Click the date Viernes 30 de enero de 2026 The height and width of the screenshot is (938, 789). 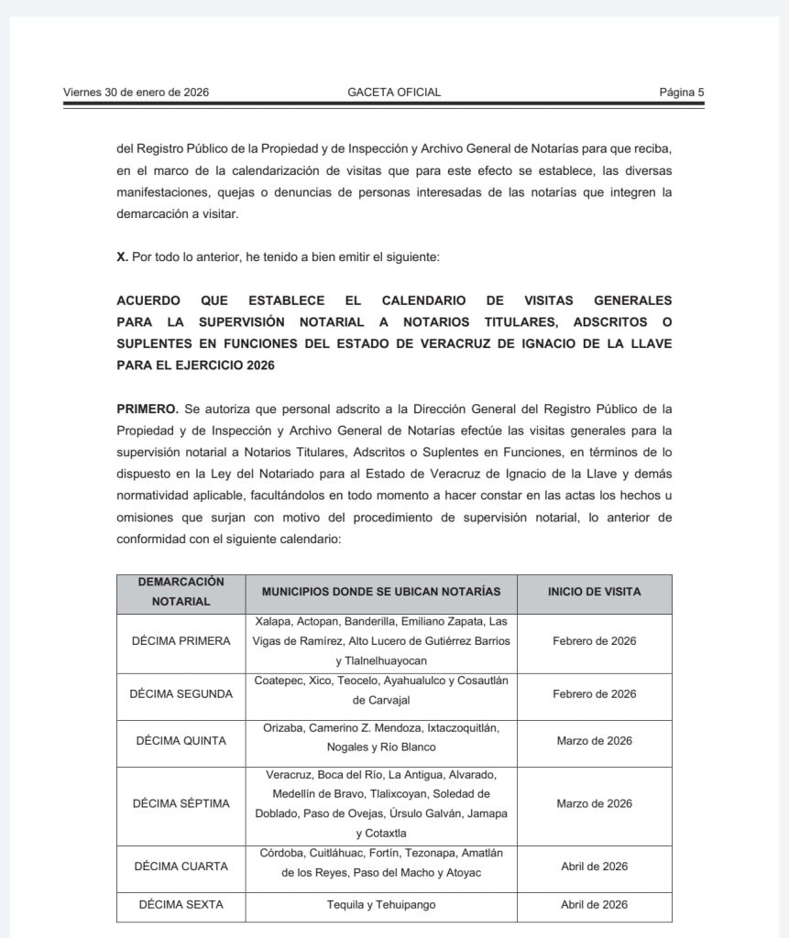pyautogui.click(x=137, y=93)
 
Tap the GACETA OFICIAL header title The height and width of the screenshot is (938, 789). pyautogui.click(x=394, y=93)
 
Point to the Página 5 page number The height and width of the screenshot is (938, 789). pyautogui.click(x=681, y=93)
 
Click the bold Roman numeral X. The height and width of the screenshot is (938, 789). pyautogui.click(x=122, y=258)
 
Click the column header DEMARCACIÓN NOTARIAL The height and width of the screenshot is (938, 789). pyautogui.click(x=181, y=593)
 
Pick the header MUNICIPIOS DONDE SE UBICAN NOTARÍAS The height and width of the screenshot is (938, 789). pyautogui.click(x=381, y=593)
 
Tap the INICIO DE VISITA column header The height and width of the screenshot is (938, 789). pyautogui.click(x=594, y=593)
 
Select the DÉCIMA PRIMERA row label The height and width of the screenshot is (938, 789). pyautogui.click(x=181, y=641)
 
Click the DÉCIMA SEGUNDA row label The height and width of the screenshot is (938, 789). pyautogui.click(x=181, y=694)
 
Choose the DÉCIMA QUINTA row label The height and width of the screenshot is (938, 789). pyautogui.click(x=181, y=741)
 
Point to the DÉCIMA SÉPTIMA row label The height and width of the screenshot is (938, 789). pyautogui.click(x=181, y=804)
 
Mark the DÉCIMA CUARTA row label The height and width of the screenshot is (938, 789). pyautogui.click(x=181, y=867)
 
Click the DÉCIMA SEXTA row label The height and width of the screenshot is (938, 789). pyautogui.click(x=181, y=905)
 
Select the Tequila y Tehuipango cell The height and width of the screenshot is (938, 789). pyautogui.click(x=381, y=905)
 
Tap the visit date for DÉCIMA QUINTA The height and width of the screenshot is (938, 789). pyautogui.click(x=594, y=741)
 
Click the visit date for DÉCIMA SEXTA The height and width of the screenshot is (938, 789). pyautogui.click(x=594, y=905)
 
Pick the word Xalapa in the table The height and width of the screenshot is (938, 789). pyautogui.click(x=272, y=622)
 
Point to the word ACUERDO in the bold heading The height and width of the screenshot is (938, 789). pyautogui.click(x=149, y=300)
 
